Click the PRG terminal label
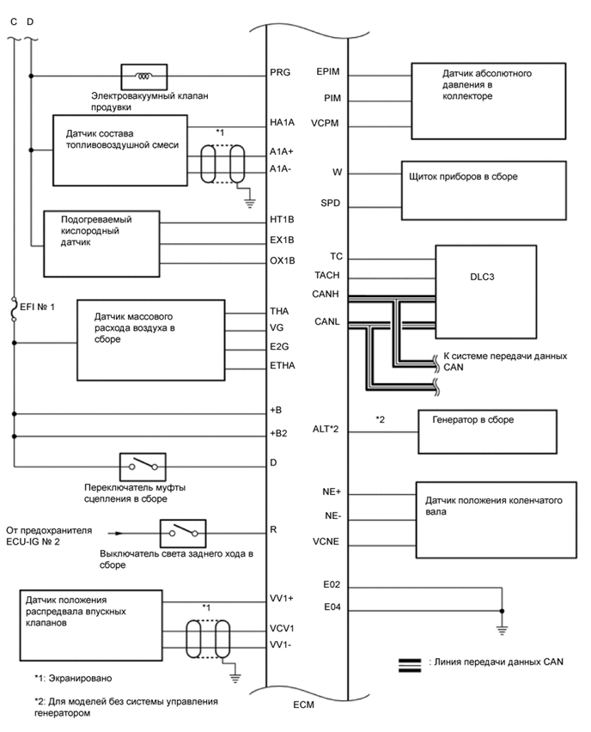280,72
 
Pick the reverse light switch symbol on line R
182,531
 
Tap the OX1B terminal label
283,261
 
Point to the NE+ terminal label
331,492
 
